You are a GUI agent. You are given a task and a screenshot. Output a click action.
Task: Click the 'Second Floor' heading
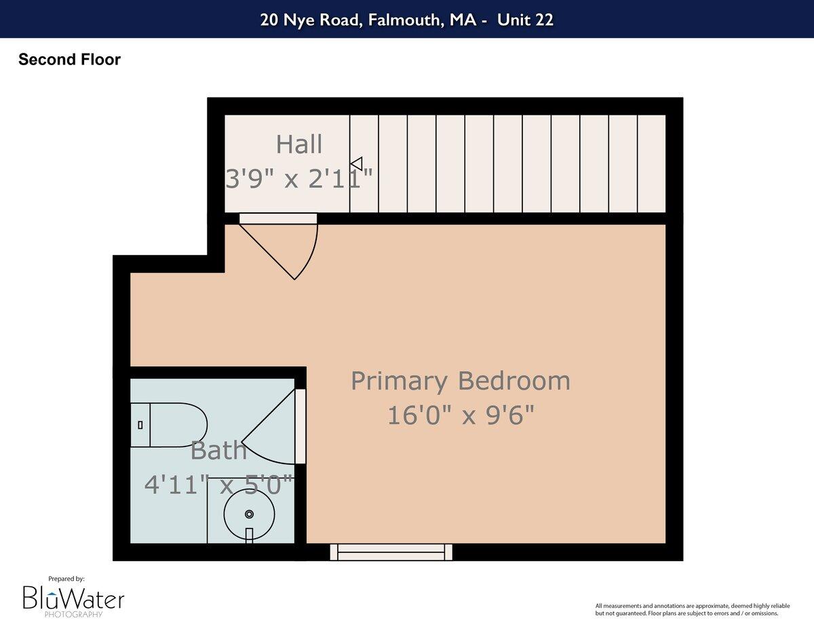pos(69,60)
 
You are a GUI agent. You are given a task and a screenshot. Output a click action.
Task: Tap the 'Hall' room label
pos(299,145)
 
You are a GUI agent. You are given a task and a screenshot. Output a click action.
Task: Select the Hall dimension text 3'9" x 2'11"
pos(299,180)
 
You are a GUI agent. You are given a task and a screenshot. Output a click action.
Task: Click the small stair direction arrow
pos(357,164)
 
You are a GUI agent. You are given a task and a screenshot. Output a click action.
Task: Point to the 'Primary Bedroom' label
pos(460,381)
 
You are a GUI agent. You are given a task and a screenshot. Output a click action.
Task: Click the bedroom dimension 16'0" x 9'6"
pos(460,415)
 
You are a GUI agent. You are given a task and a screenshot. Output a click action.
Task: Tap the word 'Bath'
pos(218,451)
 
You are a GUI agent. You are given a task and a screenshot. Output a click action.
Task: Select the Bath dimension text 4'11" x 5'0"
pos(218,484)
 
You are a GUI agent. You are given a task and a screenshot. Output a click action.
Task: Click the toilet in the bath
pos(170,425)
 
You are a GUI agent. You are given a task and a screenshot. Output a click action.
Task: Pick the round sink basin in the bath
pos(249,514)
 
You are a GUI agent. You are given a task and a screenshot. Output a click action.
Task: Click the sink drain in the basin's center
pos(249,514)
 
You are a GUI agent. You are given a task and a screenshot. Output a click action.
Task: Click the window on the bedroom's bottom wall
pos(391,552)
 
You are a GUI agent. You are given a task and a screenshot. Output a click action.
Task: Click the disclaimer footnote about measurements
pos(686,609)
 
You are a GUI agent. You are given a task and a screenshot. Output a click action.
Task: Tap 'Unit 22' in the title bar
pos(525,20)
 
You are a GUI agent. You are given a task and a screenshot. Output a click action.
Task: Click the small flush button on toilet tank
pos(140,425)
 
